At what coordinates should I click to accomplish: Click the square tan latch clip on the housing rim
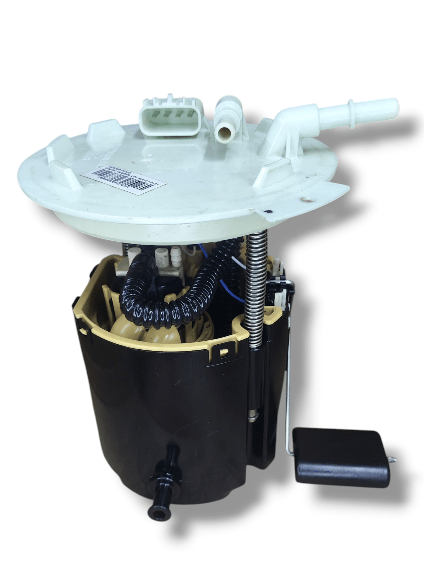point(223,353)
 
